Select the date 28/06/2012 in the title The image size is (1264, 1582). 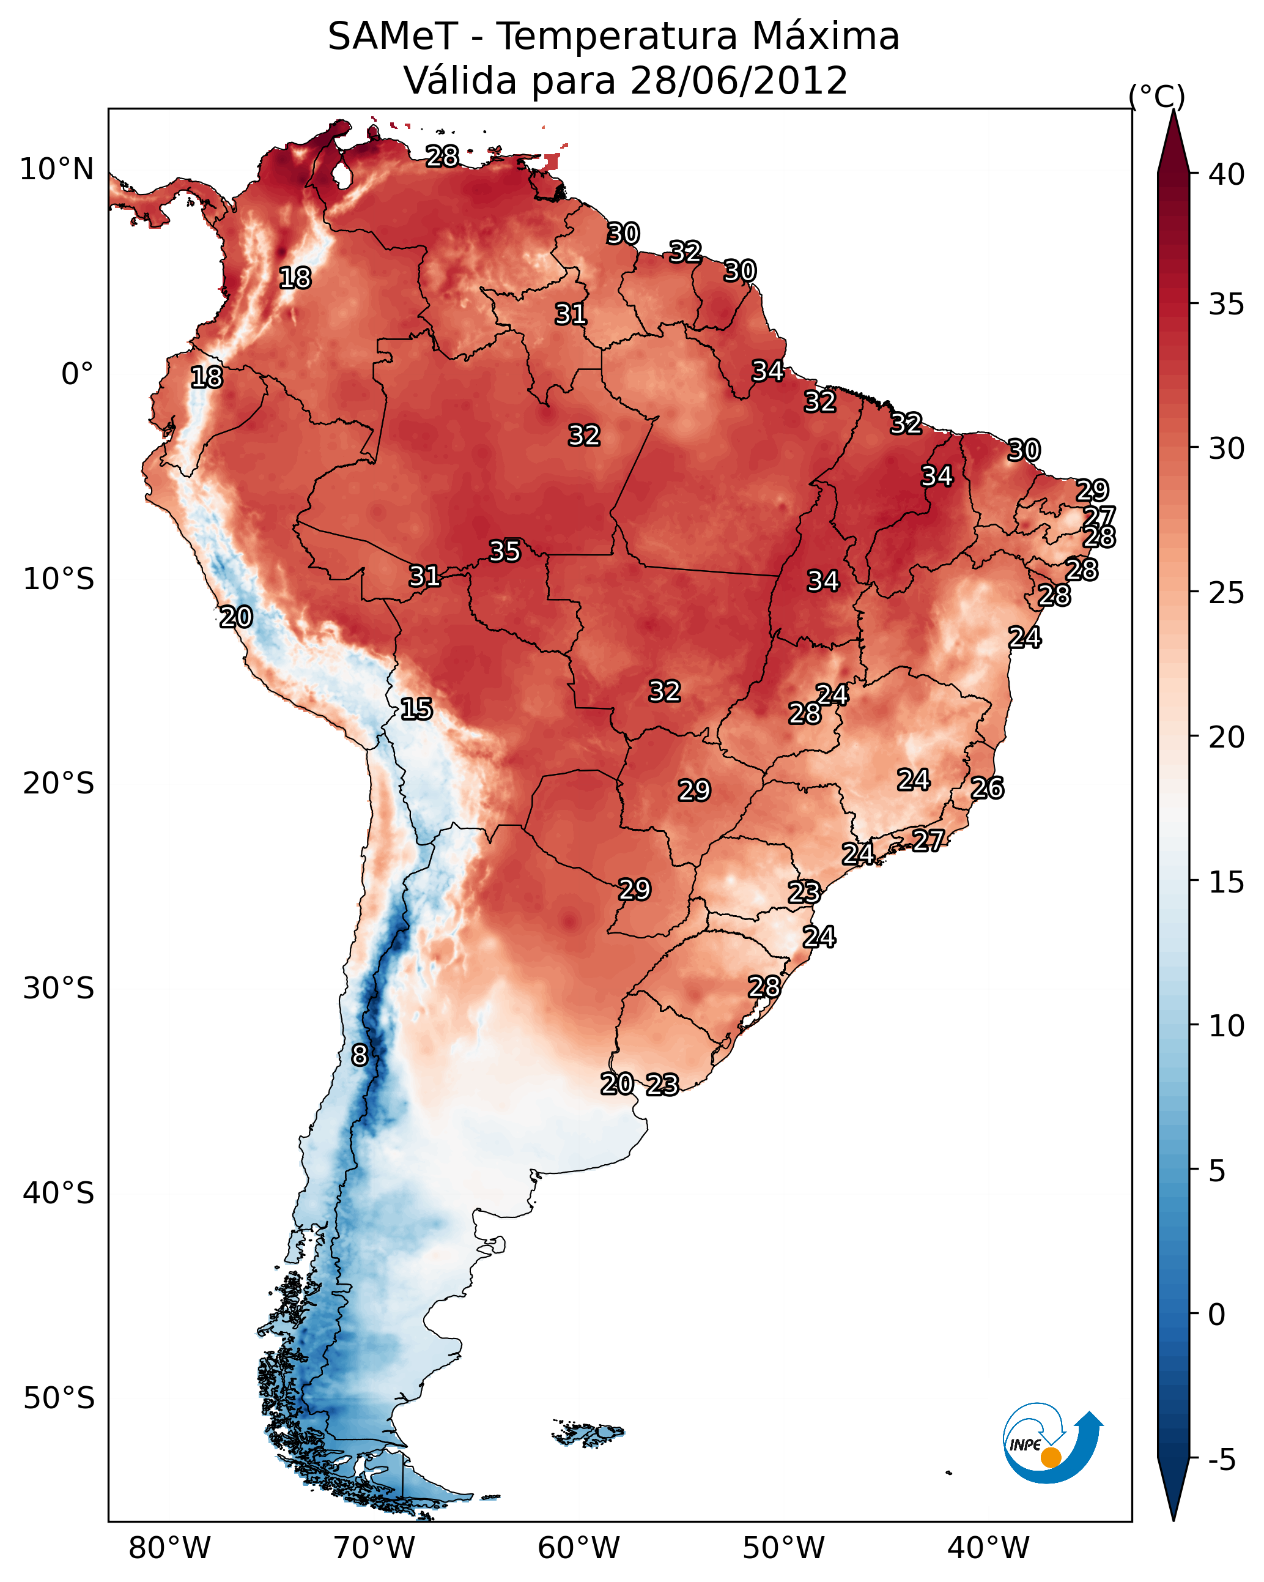pyautogui.click(x=738, y=80)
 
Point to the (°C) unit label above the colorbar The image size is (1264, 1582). pyautogui.click(x=1156, y=96)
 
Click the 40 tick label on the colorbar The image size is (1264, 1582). pyautogui.click(x=1227, y=174)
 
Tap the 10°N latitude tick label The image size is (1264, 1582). pyautogui.click(x=56, y=169)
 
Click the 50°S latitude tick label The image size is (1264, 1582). pyautogui.click(x=59, y=1398)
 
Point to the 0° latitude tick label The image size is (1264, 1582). pyautogui.click(x=77, y=374)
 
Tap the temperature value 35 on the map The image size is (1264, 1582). pyautogui.click(x=504, y=551)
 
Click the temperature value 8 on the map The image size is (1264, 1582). pyautogui.click(x=360, y=1055)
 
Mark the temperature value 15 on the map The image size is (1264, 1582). pyautogui.click(x=416, y=709)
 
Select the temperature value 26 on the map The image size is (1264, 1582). pyautogui.click(x=987, y=788)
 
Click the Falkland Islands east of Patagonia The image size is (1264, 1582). pyautogui.click(x=589, y=1432)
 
